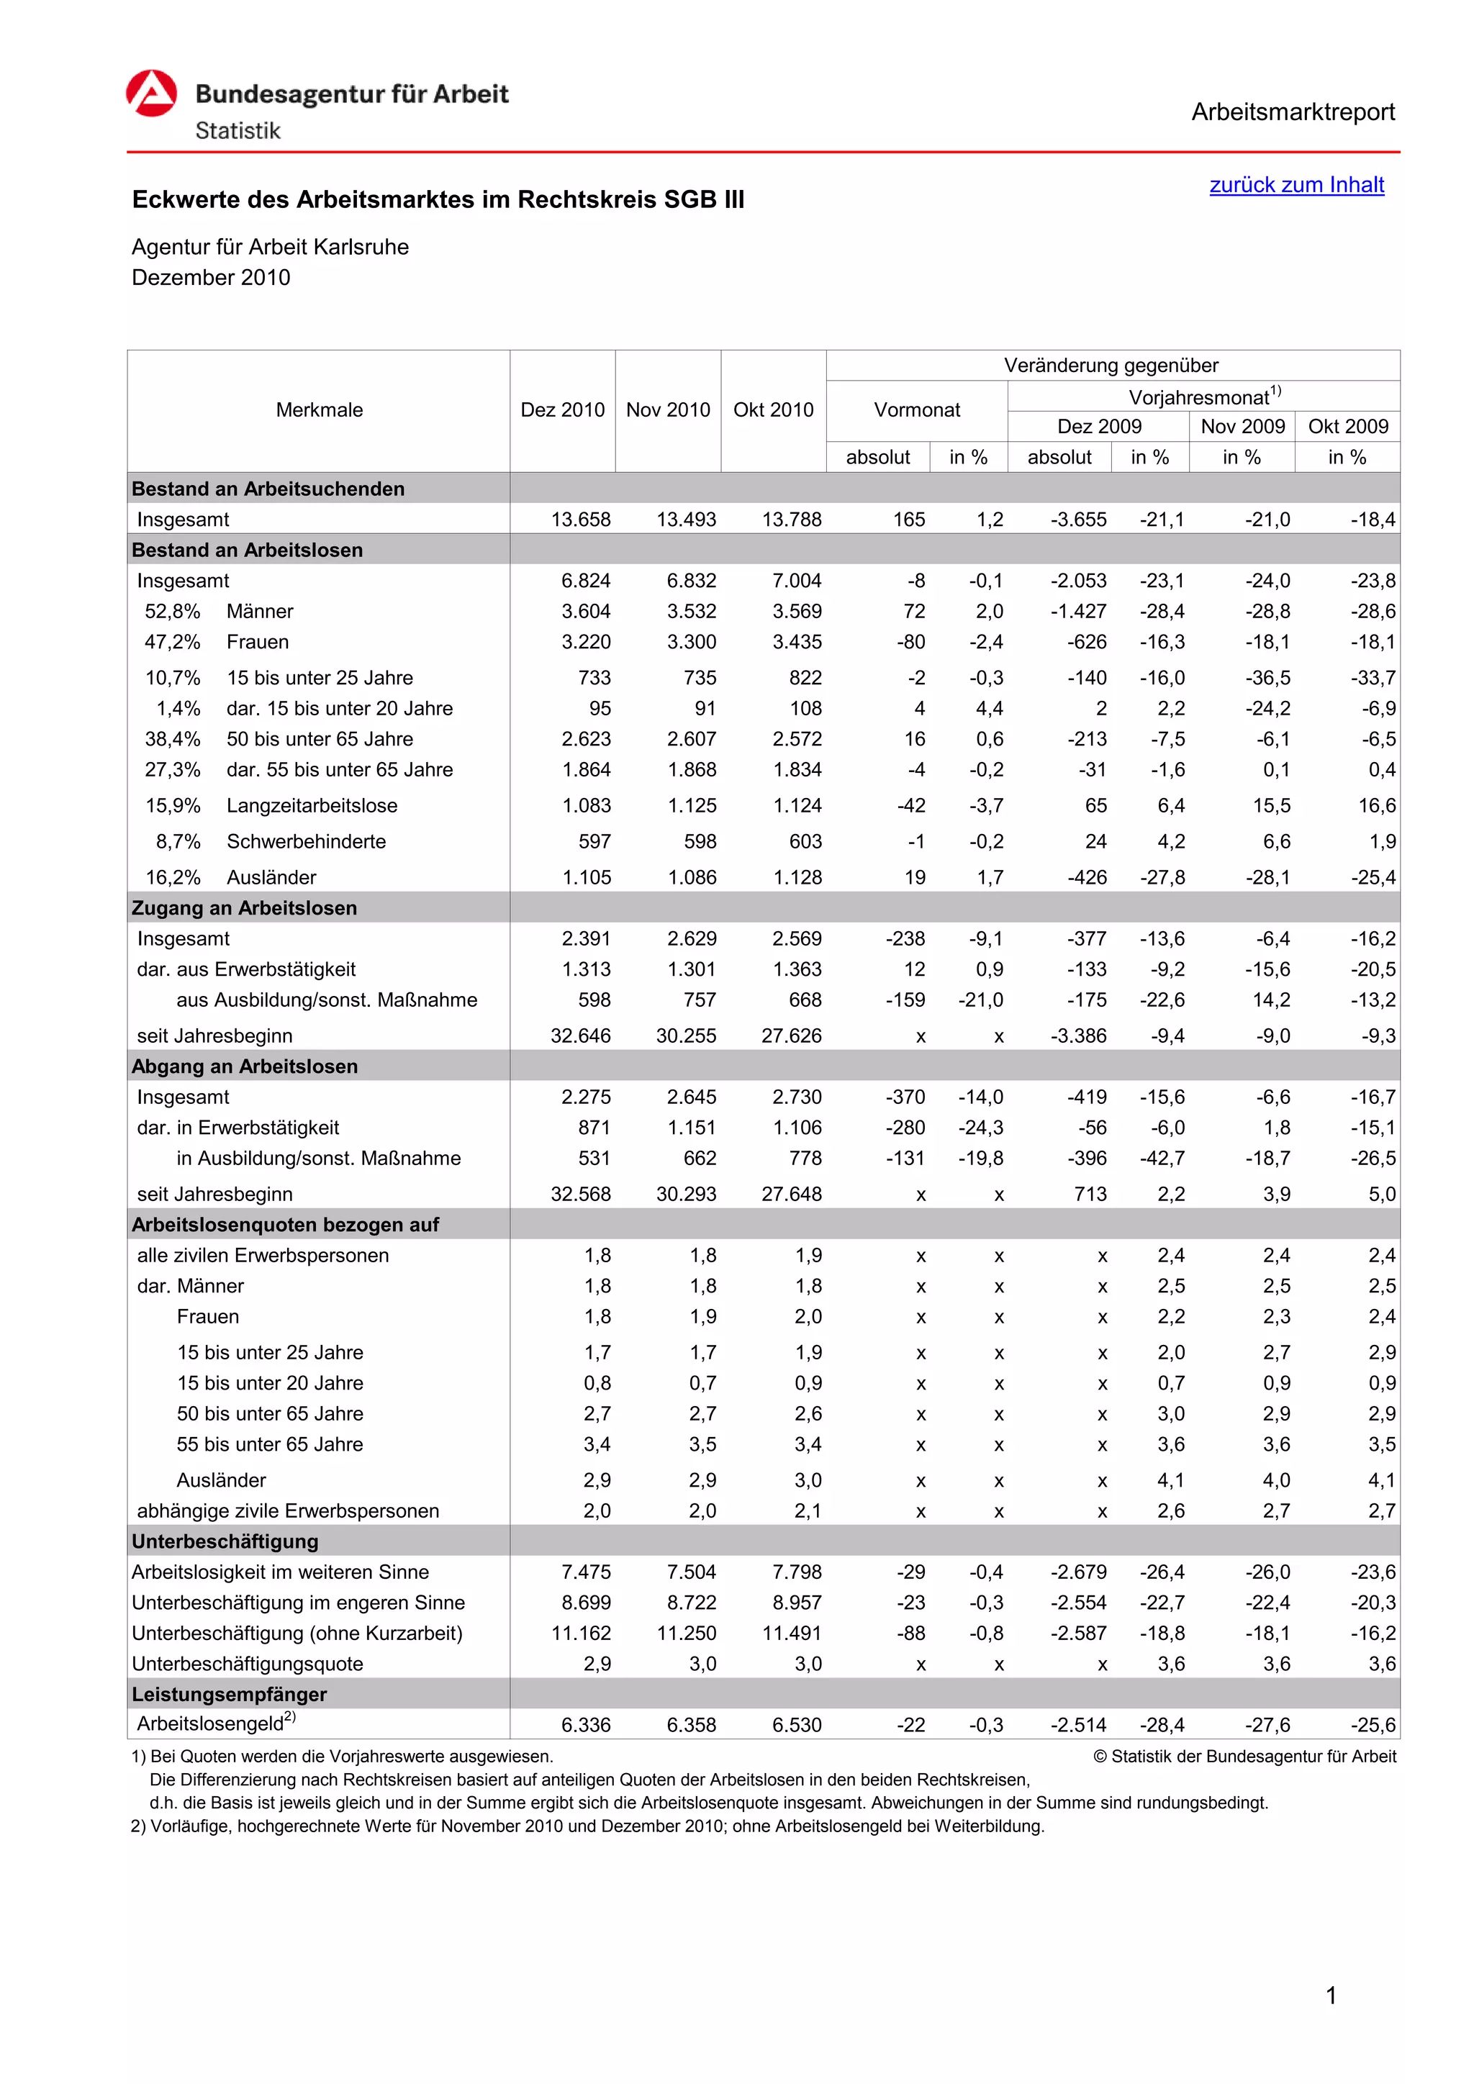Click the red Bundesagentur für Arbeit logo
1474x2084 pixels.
tap(152, 94)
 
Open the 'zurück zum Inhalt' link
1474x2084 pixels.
tap(1296, 185)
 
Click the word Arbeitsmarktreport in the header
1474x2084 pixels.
tap(1293, 112)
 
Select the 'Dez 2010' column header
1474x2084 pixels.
tap(562, 410)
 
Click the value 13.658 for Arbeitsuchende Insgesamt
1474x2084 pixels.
tap(581, 520)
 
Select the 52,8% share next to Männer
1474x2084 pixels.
tap(173, 612)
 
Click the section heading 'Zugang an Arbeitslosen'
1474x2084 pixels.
tap(244, 909)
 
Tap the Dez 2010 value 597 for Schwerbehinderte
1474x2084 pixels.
tap(594, 843)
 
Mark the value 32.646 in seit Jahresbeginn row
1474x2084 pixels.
tap(581, 1036)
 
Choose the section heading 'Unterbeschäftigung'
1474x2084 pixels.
tap(225, 1542)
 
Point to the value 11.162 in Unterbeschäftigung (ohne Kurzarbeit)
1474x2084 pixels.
tap(581, 1634)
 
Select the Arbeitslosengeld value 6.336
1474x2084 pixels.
tap(587, 1726)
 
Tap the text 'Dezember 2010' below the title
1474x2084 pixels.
tap(211, 278)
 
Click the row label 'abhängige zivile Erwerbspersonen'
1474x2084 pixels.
tap(288, 1511)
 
